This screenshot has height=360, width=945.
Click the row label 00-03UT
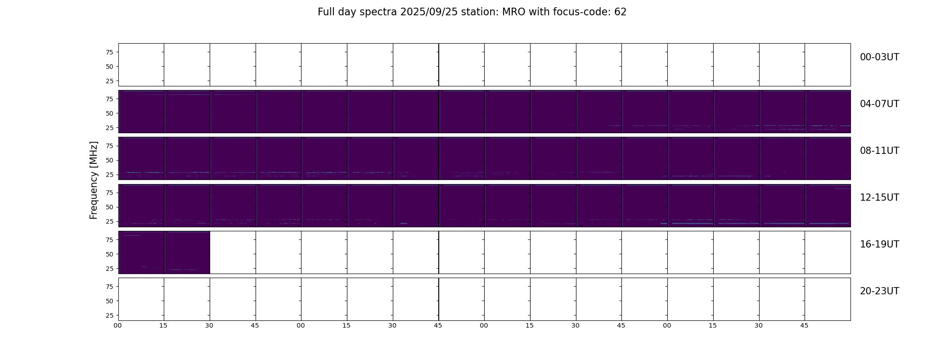point(879,57)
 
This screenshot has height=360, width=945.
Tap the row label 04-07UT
point(879,104)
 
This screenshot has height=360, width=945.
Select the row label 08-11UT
point(879,151)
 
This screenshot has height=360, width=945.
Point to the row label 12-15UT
point(879,198)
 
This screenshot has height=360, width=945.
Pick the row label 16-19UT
point(879,244)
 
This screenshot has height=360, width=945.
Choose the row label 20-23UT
point(879,291)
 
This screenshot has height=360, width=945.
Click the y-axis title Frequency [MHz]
point(94,180)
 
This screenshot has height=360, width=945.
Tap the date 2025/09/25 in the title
point(429,12)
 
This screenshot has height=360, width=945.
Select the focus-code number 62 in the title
point(621,12)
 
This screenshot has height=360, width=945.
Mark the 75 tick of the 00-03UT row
point(109,52)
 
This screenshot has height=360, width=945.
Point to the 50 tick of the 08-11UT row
point(109,160)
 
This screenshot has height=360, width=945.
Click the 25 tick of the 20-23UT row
point(109,315)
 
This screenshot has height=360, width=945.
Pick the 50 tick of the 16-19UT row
point(109,254)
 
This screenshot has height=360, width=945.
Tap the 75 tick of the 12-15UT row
point(109,193)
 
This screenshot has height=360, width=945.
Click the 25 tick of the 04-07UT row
point(109,128)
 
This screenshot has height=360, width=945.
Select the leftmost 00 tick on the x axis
point(118,325)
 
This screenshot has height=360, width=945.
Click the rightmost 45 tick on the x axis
point(804,325)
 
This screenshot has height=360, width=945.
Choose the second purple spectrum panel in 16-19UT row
point(187,252)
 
